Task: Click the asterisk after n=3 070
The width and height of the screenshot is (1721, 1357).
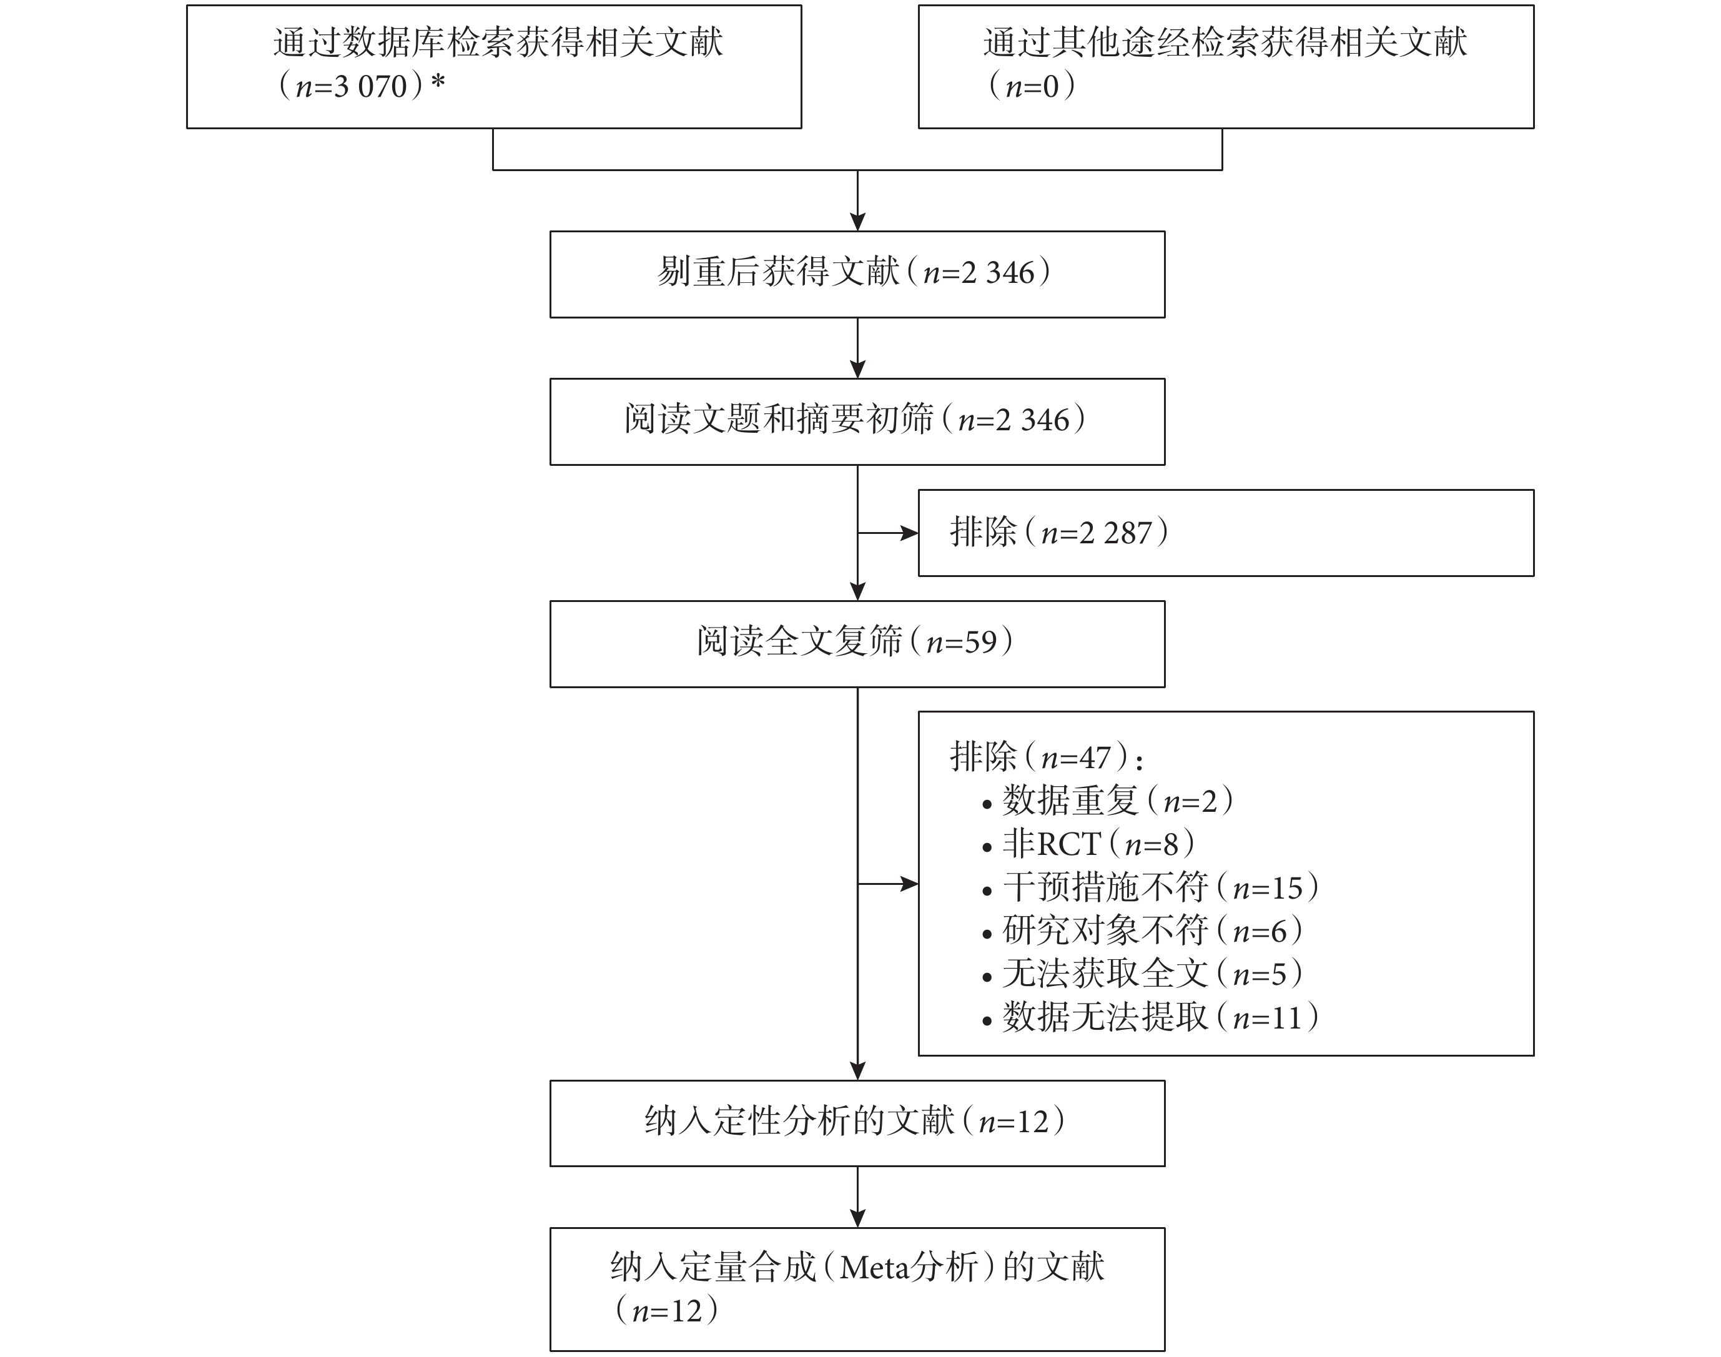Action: point(438,82)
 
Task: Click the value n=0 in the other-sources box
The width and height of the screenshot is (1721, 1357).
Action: point(1032,86)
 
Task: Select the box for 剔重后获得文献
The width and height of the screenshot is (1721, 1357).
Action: point(857,275)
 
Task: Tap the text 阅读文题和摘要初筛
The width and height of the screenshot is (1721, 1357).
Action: point(779,420)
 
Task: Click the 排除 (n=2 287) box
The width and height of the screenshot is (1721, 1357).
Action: point(1226,533)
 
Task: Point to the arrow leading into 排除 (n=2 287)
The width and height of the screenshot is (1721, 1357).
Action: point(889,533)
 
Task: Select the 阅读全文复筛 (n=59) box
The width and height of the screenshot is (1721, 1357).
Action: point(857,644)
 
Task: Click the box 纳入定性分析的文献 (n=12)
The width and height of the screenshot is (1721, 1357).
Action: point(857,1123)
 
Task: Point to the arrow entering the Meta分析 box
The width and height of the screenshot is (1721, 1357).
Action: point(858,1197)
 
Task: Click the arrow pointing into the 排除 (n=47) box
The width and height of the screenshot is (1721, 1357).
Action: point(889,884)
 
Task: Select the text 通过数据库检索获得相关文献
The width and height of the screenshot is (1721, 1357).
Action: point(498,42)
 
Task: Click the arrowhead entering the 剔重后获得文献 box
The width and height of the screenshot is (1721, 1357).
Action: point(858,222)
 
